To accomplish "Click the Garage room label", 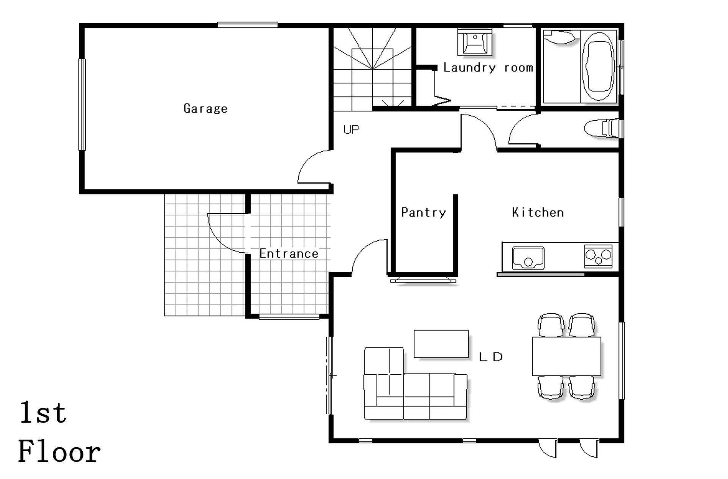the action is [x=206, y=109].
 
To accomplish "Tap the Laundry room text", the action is [x=488, y=68].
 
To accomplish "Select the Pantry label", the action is [x=424, y=212].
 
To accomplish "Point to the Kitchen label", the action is [x=538, y=212].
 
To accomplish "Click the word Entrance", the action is [x=289, y=254].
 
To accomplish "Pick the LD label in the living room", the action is [x=491, y=357].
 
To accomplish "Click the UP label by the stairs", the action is [x=351, y=130].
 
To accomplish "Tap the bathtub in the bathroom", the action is [x=598, y=67].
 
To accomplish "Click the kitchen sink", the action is [x=528, y=258].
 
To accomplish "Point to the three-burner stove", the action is [x=598, y=256].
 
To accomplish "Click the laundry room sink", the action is [x=475, y=42].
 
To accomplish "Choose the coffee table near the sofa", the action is [x=441, y=344].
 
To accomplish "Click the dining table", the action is [x=566, y=356].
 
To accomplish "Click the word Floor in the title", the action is [x=60, y=452].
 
